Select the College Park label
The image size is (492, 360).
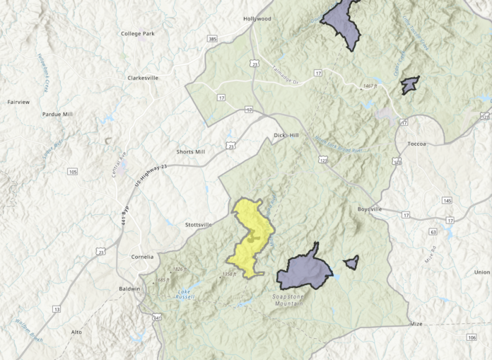tap(137, 33)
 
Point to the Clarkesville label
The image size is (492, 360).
tap(143, 78)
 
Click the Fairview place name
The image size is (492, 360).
tap(18, 102)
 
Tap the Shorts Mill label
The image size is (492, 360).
tap(190, 151)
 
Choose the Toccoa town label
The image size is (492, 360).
tap(417, 144)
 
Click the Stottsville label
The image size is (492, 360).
tap(198, 224)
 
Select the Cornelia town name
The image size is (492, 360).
tap(142, 256)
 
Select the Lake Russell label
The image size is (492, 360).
tap(184, 294)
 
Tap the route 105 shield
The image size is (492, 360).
tap(73, 171)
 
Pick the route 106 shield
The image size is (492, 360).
tap(471, 337)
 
